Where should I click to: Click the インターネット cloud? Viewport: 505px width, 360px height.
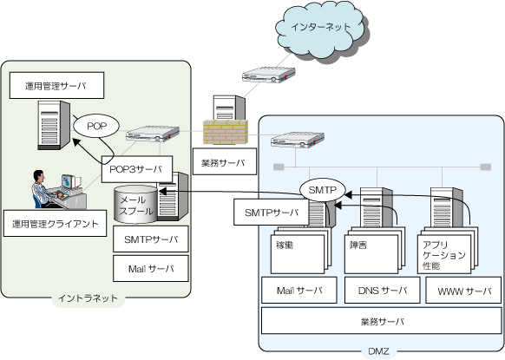click(321, 30)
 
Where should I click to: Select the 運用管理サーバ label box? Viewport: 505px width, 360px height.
click(56, 85)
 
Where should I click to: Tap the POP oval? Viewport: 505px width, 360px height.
click(96, 126)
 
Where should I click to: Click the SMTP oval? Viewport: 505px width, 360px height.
click(323, 190)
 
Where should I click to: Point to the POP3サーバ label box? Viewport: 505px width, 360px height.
click(137, 169)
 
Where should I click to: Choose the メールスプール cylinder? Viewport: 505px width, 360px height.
click(136, 205)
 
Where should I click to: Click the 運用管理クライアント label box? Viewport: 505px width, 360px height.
click(55, 224)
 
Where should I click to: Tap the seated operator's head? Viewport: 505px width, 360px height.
click(39, 175)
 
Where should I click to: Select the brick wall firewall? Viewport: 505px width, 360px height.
click(226, 132)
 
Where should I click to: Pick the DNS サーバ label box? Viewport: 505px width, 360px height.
click(383, 290)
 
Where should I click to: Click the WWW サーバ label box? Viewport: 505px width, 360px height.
click(463, 290)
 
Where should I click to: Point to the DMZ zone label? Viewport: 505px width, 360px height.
click(378, 351)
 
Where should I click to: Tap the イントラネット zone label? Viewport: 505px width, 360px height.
click(88, 298)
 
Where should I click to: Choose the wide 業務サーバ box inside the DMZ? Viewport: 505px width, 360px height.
click(381, 321)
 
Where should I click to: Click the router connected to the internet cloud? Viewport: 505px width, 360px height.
click(269, 75)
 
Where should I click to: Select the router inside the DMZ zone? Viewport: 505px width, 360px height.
click(298, 140)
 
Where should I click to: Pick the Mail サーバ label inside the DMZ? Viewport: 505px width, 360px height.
click(299, 290)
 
